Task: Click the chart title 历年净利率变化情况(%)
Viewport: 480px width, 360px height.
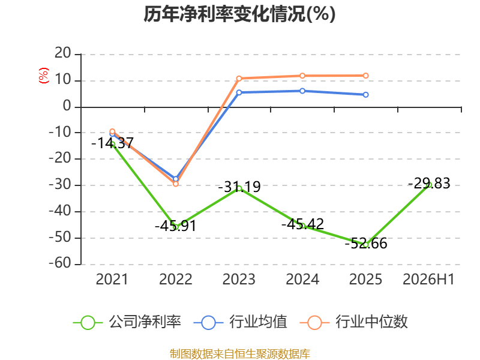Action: pyautogui.click(x=239, y=14)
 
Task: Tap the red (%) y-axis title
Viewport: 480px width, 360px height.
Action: pyautogui.click(x=43, y=76)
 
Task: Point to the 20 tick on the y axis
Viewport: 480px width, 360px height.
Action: pyautogui.click(x=63, y=53)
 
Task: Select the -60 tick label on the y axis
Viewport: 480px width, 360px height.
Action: pyautogui.click(x=60, y=263)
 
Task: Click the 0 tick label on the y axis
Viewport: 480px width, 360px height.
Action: pyautogui.click(x=67, y=106)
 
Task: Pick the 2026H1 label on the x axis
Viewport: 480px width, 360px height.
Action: pyautogui.click(x=428, y=280)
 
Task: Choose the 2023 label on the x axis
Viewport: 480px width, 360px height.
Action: pyautogui.click(x=239, y=280)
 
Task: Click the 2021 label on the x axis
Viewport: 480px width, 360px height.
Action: pyautogui.click(x=112, y=280)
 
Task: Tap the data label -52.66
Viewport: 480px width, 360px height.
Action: pyautogui.click(x=366, y=244)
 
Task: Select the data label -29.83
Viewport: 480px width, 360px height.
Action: pyautogui.click(x=429, y=184)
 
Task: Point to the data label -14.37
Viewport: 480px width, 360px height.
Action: pyautogui.click(x=112, y=143)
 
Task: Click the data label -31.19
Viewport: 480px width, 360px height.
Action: pyautogui.click(x=239, y=187)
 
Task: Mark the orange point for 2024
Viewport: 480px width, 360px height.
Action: pyautogui.click(x=302, y=76)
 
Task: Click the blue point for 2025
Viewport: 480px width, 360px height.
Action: pyautogui.click(x=366, y=95)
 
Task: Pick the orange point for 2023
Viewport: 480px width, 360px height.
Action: pyautogui.click(x=239, y=79)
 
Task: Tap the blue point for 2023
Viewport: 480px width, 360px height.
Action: pyautogui.click(x=239, y=92)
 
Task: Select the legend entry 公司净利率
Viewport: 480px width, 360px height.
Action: pyautogui.click(x=127, y=322)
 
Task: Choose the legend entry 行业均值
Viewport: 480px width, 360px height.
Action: pyautogui.click(x=241, y=322)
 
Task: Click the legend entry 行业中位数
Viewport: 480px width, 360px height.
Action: pyautogui.click(x=354, y=322)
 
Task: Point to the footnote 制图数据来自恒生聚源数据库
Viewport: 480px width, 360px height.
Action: pyautogui.click(x=239, y=354)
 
